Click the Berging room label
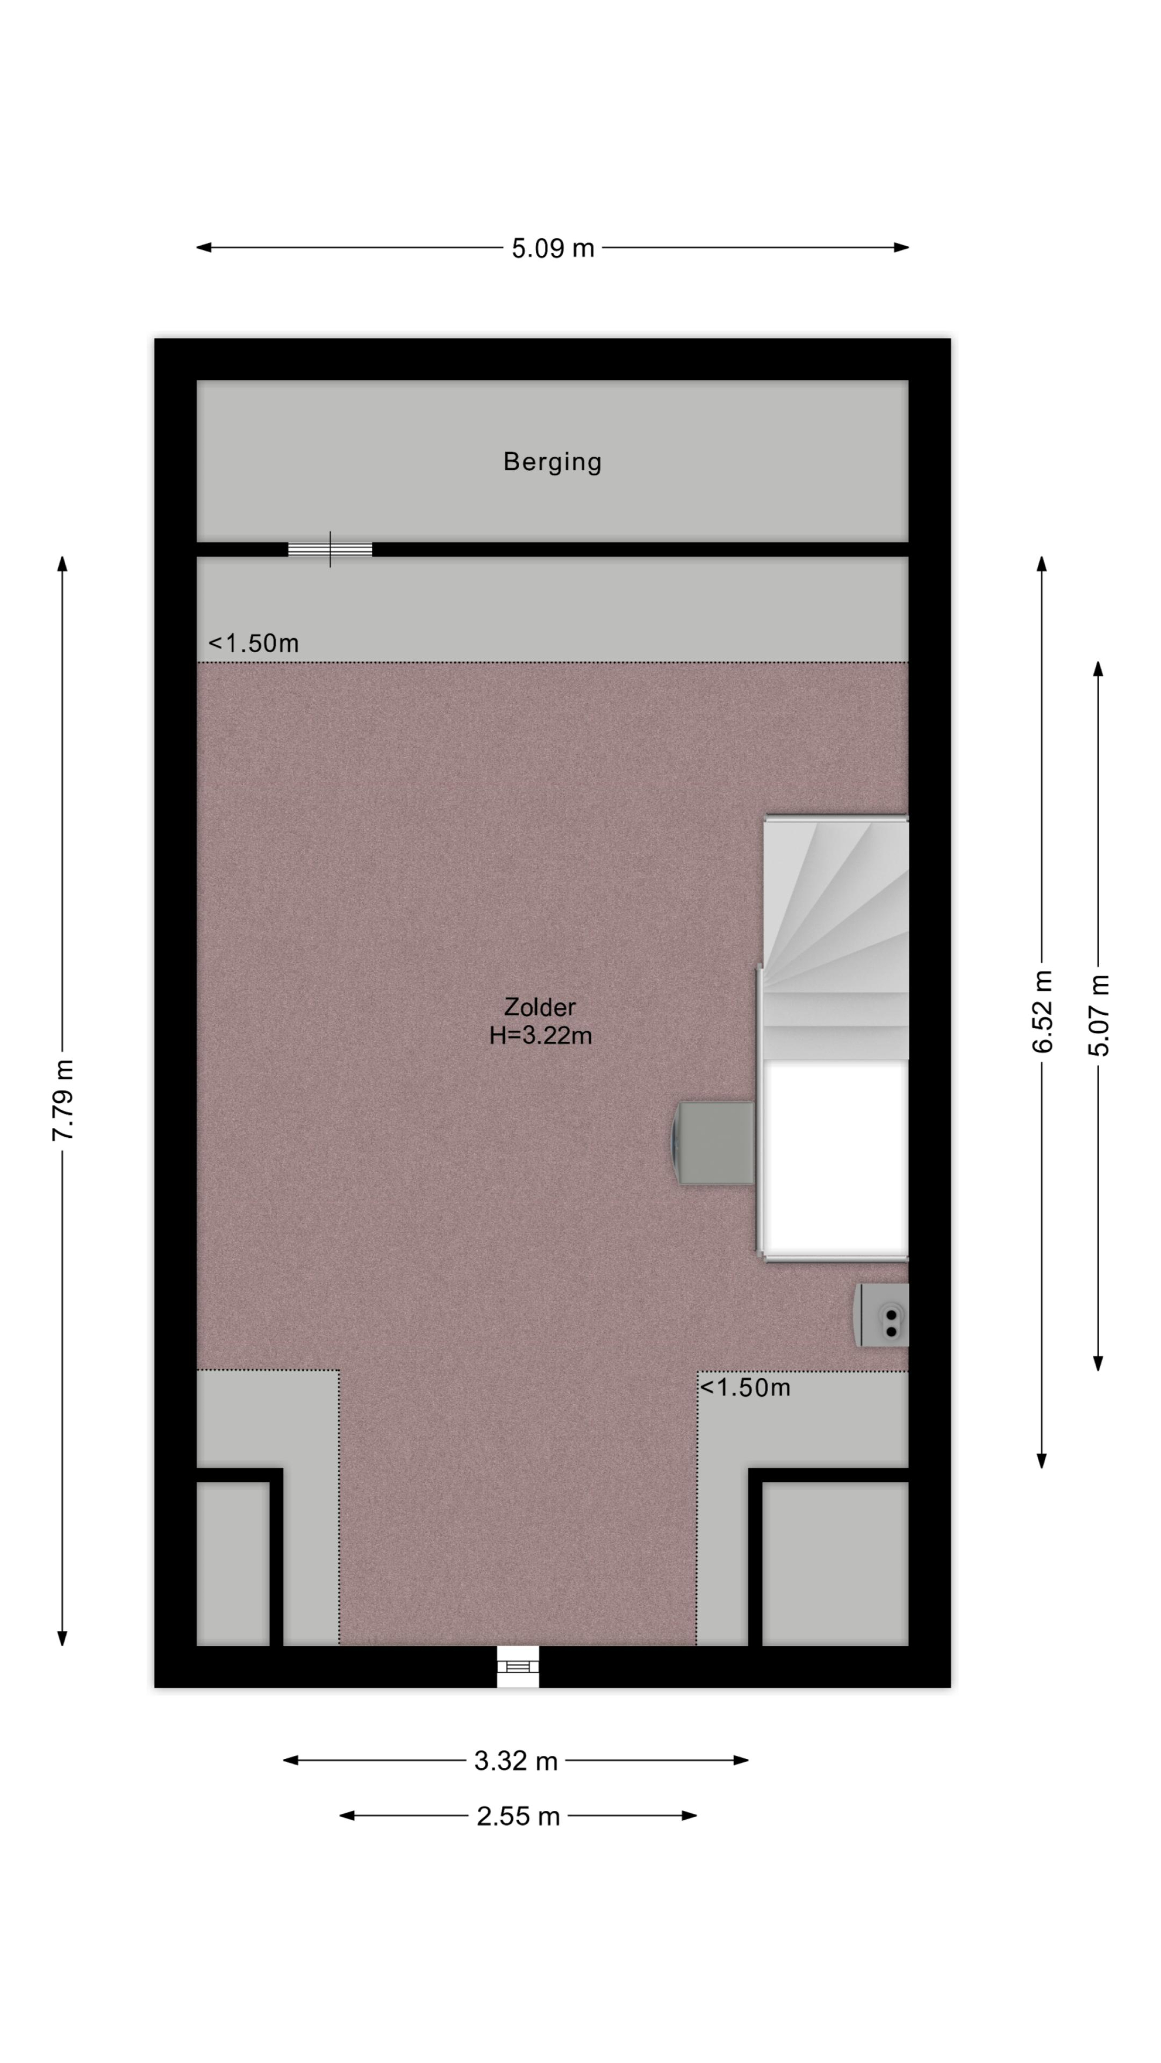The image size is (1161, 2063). click(552, 462)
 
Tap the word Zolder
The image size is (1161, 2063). click(540, 1007)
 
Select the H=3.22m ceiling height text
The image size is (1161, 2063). click(541, 1036)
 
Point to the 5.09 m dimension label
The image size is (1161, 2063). click(553, 248)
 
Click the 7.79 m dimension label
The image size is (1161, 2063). click(63, 1100)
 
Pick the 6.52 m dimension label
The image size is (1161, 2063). click(1043, 1012)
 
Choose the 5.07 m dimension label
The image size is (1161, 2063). click(1098, 1015)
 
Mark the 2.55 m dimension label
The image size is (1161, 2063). click(518, 1816)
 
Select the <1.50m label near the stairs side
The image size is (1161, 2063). click(745, 1387)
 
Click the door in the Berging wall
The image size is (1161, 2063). click(330, 549)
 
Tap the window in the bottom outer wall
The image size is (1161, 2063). click(518, 1667)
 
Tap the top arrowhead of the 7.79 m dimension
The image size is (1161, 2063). click(63, 563)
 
